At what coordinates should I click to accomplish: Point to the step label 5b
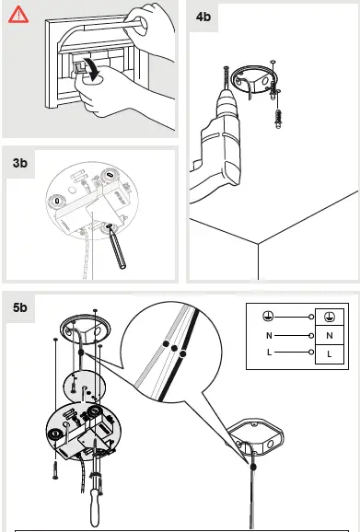coord(22,308)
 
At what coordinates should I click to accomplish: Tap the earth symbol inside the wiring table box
coord(329,318)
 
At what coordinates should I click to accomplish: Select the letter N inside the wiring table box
coord(329,336)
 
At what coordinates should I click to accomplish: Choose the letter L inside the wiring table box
coord(329,353)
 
